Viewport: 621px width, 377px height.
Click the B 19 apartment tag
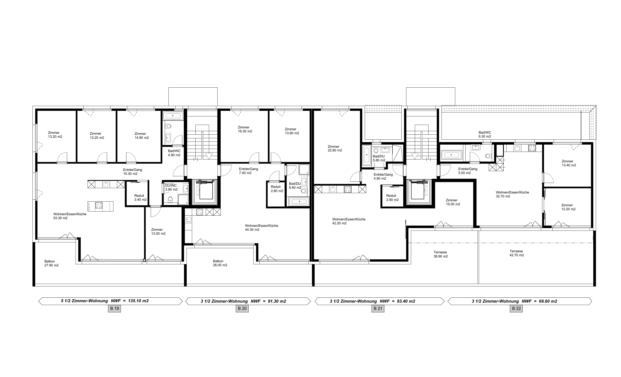114,308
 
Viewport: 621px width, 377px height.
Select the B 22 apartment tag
516,308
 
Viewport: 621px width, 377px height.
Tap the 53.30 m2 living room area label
60,218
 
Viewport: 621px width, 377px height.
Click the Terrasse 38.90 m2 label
440,254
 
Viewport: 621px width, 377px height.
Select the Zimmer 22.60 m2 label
335,148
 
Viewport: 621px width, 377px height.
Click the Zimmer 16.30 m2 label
245,129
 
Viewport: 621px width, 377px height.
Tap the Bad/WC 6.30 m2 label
485,134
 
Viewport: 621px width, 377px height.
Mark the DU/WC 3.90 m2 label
171,187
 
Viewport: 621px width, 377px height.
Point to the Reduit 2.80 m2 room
276,194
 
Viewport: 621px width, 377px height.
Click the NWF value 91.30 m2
277,301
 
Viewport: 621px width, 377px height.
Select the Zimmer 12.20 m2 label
568,207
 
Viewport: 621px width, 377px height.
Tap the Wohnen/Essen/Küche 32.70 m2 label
512,194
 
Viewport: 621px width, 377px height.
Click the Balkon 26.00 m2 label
220,263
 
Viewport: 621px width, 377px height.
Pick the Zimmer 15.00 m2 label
453,202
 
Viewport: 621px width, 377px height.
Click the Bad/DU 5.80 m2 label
379,158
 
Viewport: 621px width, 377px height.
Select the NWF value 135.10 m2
138,301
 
